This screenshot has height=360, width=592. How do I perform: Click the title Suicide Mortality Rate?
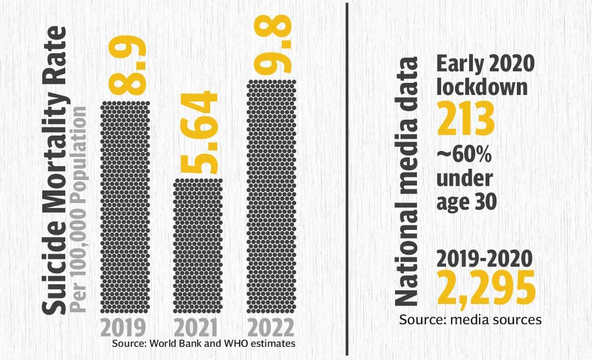[55, 170]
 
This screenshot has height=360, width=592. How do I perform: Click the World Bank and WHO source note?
[204, 344]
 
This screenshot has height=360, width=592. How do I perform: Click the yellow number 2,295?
[486, 289]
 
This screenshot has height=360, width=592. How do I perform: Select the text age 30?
[467, 201]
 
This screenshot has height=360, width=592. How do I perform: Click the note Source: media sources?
[470, 319]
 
